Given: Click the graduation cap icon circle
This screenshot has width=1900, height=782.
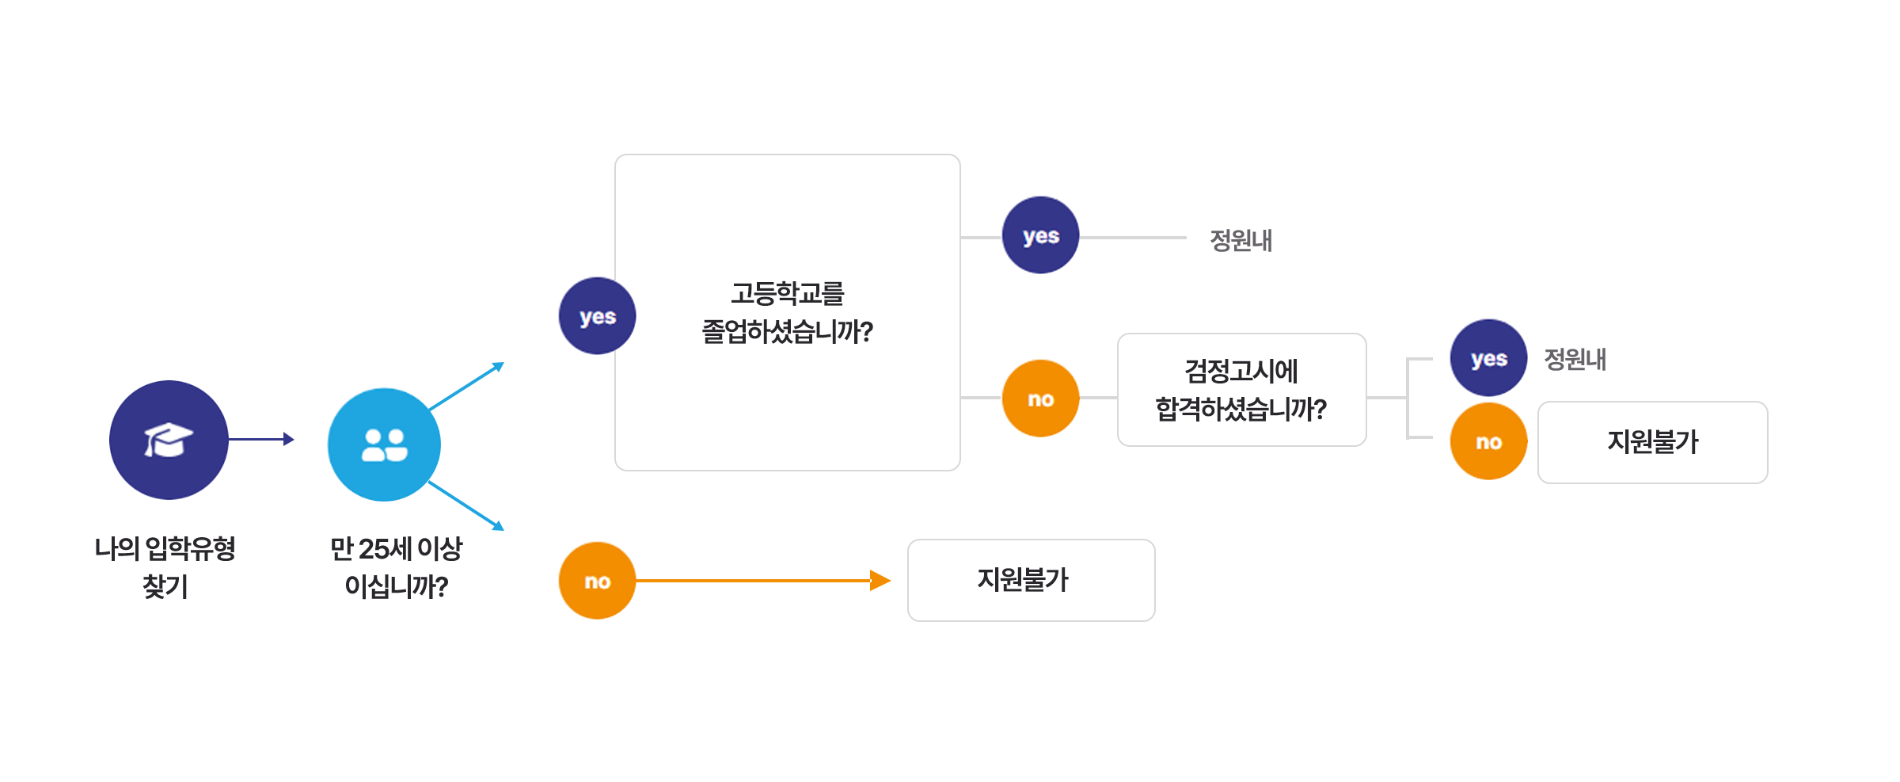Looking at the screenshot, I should point(169,440).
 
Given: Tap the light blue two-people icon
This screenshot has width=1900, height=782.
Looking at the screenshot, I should point(384,444).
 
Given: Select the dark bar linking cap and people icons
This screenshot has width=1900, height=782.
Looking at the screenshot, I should point(262,439).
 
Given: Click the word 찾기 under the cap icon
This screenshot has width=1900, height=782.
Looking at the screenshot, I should point(165,586).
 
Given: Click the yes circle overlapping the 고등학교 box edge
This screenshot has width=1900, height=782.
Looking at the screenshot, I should point(597,315).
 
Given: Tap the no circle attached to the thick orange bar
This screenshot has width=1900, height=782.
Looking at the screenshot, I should point(597,581).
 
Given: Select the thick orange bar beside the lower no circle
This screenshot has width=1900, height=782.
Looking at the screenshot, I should point(723,580).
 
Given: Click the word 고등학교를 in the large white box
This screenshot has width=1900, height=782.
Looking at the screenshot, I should point(787,294).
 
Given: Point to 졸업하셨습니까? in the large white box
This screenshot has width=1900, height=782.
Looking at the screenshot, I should point(787,331).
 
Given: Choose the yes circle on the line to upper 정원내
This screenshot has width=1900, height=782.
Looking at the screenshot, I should point(1040,235).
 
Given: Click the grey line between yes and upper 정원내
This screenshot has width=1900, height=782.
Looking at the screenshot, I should point(1133,237).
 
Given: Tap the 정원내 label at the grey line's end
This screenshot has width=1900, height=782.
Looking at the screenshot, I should point(1241,239).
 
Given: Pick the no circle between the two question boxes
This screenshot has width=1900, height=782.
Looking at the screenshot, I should point(1040,398).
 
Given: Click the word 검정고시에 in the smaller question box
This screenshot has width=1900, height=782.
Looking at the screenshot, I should point(1241,371).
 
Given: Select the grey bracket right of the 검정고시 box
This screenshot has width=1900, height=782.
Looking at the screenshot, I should point(1408,398).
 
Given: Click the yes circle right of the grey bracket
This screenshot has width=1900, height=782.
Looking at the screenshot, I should point(1488,358).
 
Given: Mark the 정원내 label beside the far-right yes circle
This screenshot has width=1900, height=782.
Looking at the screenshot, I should point(1575,359).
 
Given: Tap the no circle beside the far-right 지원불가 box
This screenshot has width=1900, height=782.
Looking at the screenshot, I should point(1488,441).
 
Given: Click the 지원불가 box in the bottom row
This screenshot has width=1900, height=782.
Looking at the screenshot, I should point(1031,580).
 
